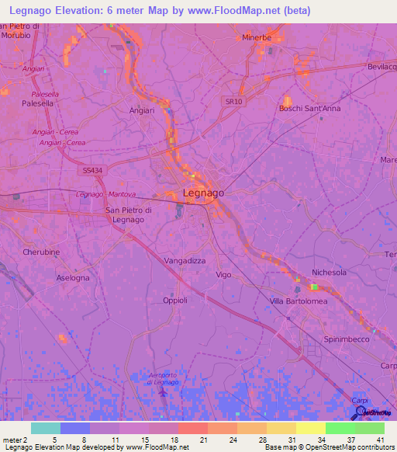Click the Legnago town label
pyautogui.click(x=203, y=193)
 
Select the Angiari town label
pyautogui.click(x=142, y=110)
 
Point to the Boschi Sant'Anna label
pyautogui.click(x=309, y=109)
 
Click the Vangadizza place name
pyautogui.click(x=185, y=261)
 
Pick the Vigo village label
pyautogui.click(x=223, y=275)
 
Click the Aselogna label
pyautogui.click(x=73, y=277)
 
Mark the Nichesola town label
pyautogui.click(x=329, y=273)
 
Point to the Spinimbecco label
pyautogui.click(x=347, y=340)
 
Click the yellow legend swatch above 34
pyautogui.click(x=311, y=428)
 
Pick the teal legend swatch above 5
pyautogui.click(x=46, y=428)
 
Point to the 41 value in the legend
pyautogui.click(x=380, y=440)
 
